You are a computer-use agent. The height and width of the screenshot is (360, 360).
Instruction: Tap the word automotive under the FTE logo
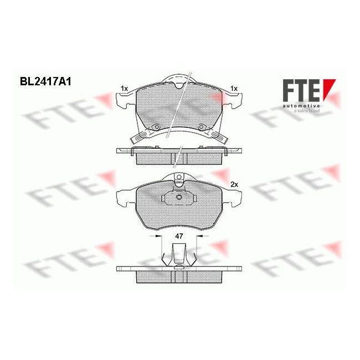tap(301, 105)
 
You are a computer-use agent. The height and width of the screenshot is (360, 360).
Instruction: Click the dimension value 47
tap(178, 236)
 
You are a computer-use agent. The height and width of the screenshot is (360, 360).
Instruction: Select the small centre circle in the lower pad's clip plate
tap(178, 197)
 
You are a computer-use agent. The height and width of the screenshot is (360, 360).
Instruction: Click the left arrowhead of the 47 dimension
tap(161, 235)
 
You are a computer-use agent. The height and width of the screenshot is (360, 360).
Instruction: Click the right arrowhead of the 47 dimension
tap(197, 235)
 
